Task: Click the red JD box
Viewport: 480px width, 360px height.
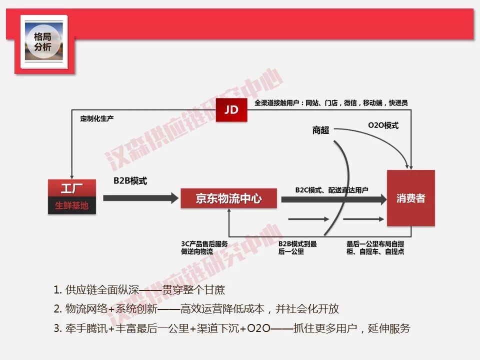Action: [x=231, y=109]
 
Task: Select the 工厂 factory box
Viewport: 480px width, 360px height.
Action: [x=72, y=189]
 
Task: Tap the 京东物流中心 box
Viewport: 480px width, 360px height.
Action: [x=228, y=198]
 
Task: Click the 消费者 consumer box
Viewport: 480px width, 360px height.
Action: [x=410, y=198]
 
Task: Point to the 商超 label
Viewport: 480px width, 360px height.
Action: [x=320, y=130]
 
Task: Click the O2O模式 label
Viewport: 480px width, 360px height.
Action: [x=383, y=125]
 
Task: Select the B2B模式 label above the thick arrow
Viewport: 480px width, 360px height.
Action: [x=130, y=180]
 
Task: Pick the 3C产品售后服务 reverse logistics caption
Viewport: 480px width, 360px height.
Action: [x=204, y=247]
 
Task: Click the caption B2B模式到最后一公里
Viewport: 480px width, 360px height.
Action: [x=297, y=247]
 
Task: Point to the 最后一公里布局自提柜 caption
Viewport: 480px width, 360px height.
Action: [x=375, y=247]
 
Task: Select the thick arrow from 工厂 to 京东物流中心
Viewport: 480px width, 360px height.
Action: [x=140, y=198]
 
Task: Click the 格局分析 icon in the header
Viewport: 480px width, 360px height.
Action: [x=43, y=42]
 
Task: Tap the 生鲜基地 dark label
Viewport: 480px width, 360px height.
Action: [x=72, y=205]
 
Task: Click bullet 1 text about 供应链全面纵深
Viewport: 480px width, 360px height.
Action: [x=142, y=289]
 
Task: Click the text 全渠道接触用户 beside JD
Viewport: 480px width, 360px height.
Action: [x=331, y=102]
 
